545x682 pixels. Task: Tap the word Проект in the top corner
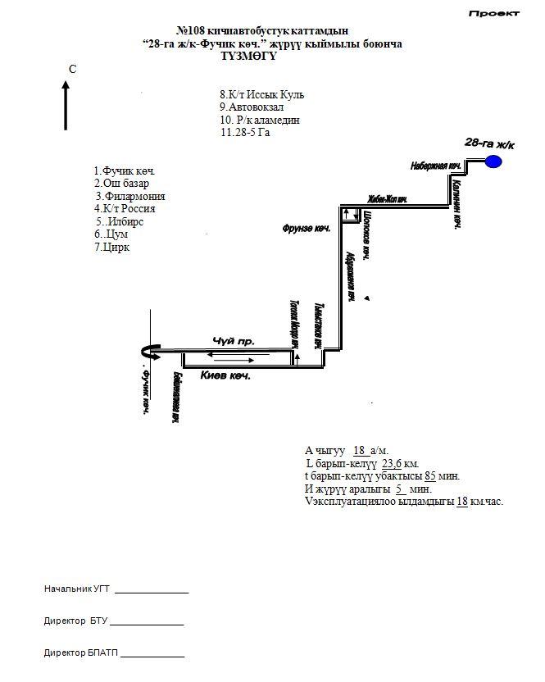pos(494,13)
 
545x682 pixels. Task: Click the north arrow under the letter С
pos(66,105)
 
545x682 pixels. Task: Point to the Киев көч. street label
pos(225,375)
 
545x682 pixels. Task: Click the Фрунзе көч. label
pos(306,229)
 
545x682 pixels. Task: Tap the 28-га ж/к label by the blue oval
pos(488,143)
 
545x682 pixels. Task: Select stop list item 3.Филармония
pos(130,197)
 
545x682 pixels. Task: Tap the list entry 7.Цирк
pos(113,248)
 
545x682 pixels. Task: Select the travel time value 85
pos(429,476)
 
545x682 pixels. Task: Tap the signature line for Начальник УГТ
pos(152,590)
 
